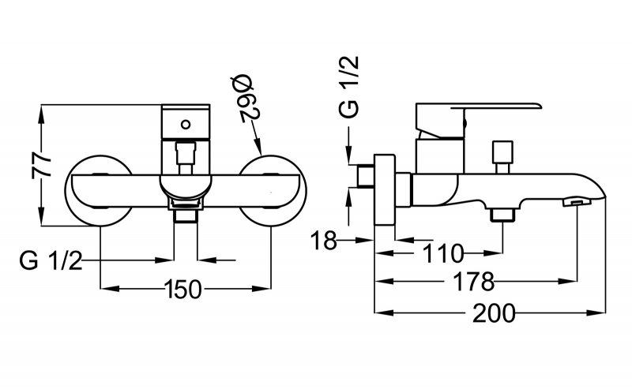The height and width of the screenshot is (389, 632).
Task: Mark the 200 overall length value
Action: coord(494,313)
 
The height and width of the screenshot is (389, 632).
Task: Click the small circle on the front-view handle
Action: coord(186,123)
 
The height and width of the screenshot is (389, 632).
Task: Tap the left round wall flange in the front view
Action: coord(99,189)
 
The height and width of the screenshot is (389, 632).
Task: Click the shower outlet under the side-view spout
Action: coord(501,215)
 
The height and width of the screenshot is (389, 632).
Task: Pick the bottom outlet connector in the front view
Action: coord(186,211)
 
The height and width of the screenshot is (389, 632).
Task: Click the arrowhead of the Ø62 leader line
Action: coord(260,149)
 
